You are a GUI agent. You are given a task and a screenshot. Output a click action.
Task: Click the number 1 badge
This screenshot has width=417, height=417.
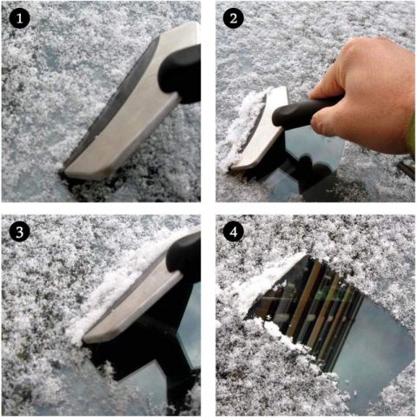point(19,18)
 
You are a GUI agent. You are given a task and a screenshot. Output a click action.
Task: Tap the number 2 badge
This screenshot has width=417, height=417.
point(234,18)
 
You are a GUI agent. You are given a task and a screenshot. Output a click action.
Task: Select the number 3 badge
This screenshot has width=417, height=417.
point(19,232)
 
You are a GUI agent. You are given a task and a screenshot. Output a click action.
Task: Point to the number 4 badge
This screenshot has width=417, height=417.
point(234,232)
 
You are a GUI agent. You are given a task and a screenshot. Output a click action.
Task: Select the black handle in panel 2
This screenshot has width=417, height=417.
point(304,111)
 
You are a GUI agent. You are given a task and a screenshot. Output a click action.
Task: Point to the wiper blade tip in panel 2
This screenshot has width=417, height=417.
point(406,169)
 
